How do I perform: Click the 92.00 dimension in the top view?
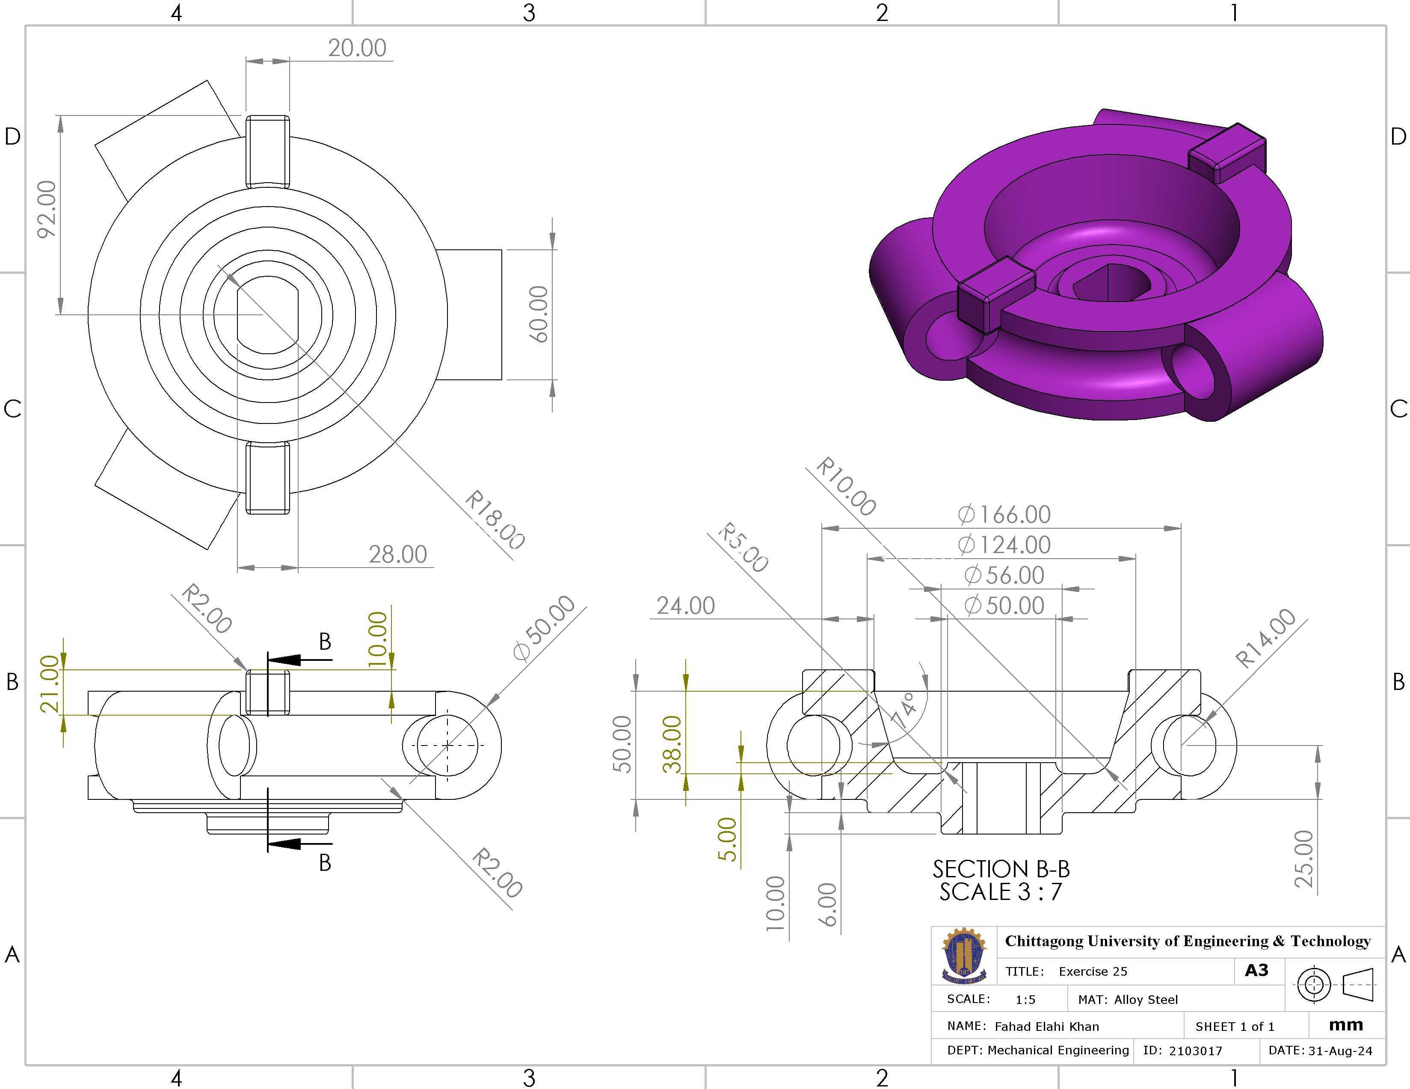click(x=47, y=209)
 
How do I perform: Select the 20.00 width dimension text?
click(x=357, y=48)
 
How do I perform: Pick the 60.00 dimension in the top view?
click(x=538, y=314)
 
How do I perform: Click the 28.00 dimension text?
click(x=398, y=554)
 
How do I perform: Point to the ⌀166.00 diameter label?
click(x=1004, y=515)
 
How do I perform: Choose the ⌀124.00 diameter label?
click(x=1004, y=545)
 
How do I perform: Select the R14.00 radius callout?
click(x=1265, y=638)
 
